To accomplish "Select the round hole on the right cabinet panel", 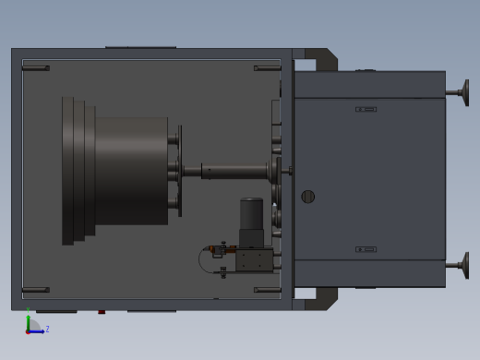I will coord(308,197).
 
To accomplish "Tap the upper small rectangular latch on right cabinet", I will coord(366,109).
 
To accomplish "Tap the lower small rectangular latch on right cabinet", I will coord(366,249).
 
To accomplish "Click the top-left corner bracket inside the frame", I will coord(35,67).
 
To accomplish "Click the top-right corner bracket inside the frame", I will coord(267,67).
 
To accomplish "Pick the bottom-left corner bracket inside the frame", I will coord(35,290).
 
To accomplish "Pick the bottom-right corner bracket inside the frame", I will coord(267,290).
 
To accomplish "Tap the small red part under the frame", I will coord(102,312).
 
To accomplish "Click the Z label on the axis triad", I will coord(47,329).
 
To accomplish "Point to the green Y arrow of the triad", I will coord(28,319).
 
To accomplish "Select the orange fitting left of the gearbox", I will coord(212,248).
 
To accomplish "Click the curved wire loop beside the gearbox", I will coord(202,260).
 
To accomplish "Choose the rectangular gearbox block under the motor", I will coord(254,260).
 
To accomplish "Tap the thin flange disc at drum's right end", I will coord(179,171).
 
